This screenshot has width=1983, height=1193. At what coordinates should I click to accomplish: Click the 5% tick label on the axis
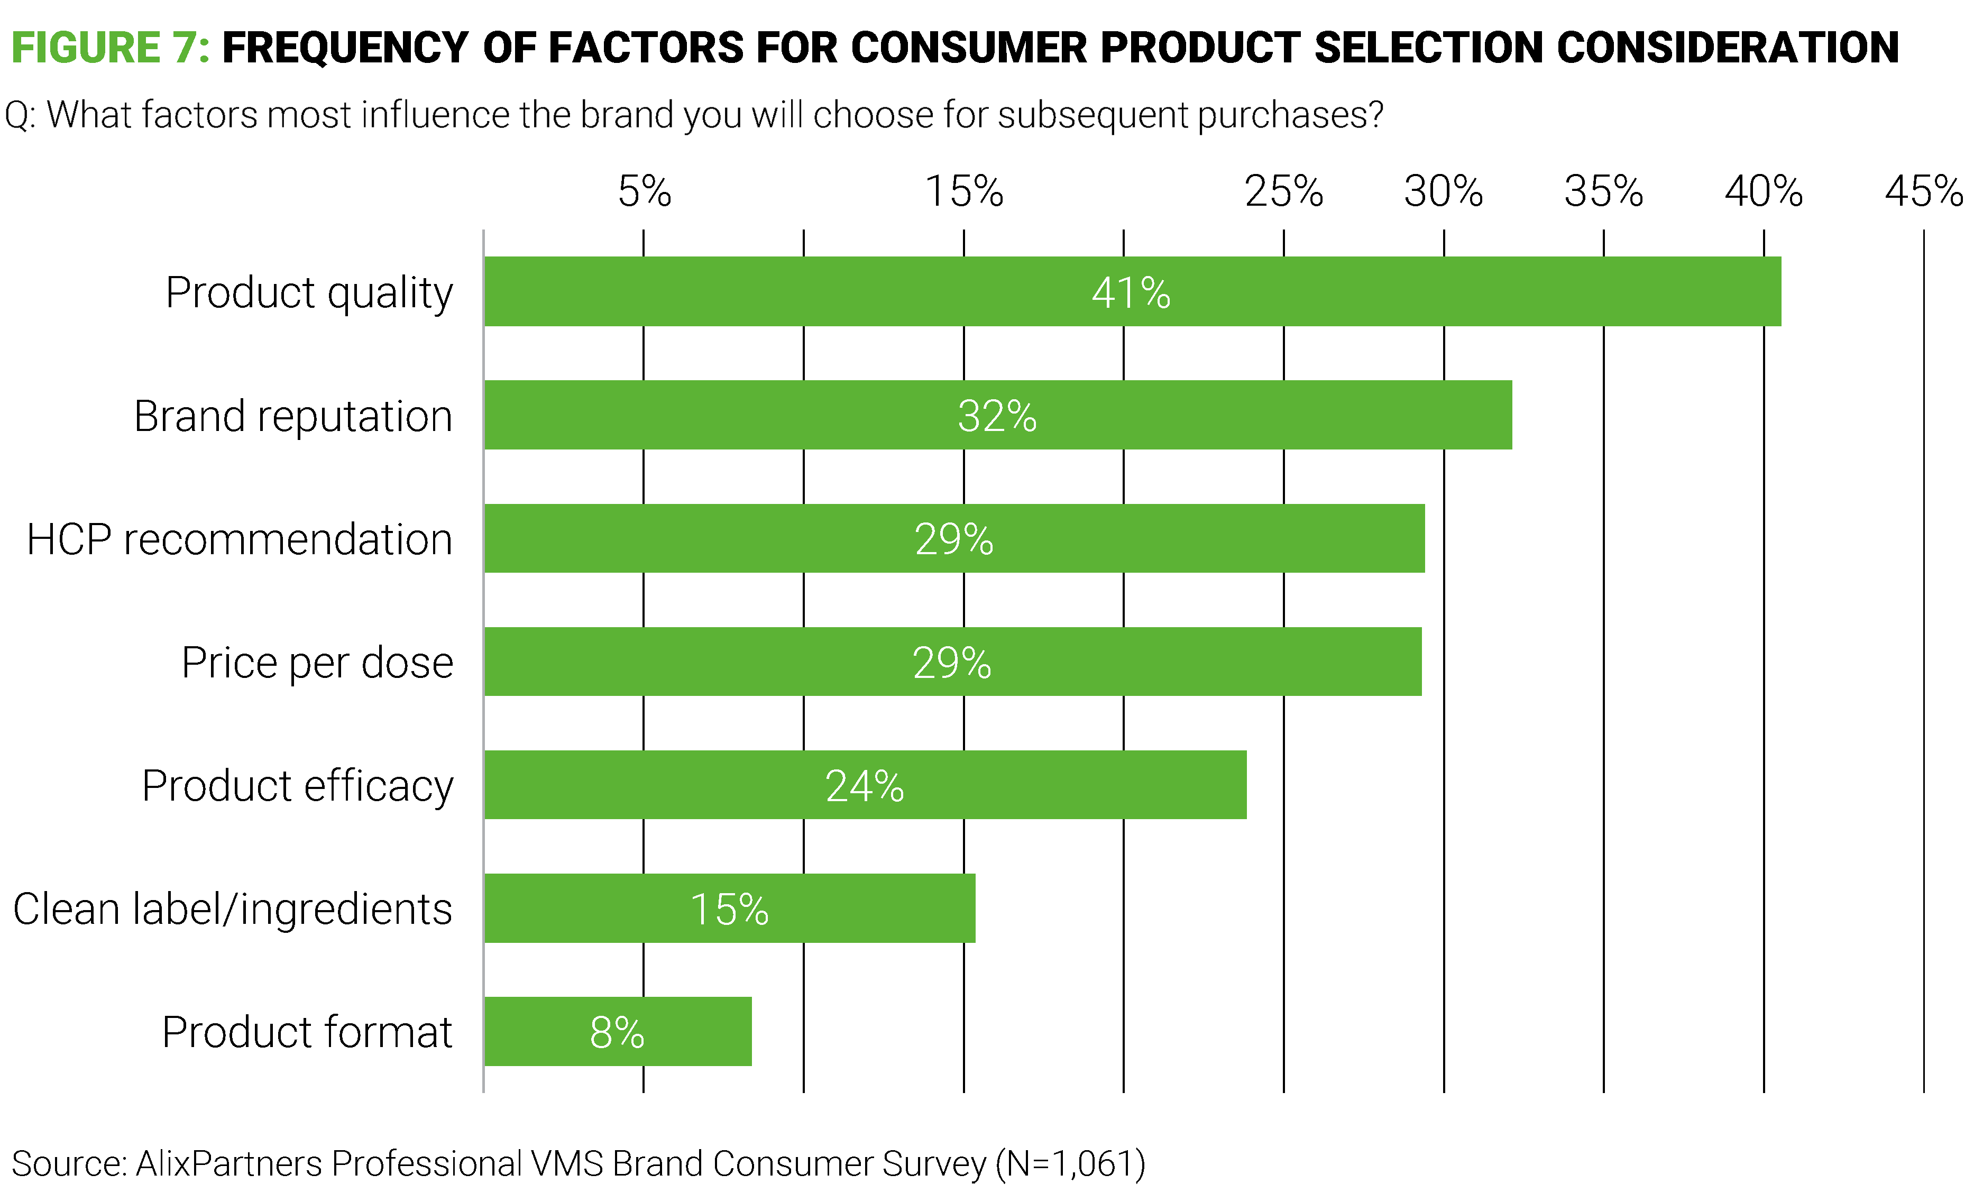pyautogui.click(x=644, y=191)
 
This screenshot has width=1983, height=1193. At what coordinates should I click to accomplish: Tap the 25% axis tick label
pyautogui.click(x=1284, y=191)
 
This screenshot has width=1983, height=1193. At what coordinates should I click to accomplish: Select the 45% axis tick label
pyautogui.click(x=1924, y=191)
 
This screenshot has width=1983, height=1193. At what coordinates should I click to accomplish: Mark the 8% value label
pyautogui.click(x=617, y=1033)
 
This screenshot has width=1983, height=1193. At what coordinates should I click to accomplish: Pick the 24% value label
pyautogui.click(x=864, y=786)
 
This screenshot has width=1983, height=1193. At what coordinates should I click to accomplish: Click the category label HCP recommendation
pyautogui.click(x=240, y=539)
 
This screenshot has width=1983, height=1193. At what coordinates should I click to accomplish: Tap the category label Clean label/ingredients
pyautogui.click(x=232, y=909)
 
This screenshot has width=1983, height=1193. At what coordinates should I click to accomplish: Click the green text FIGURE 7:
pyautogui.click(x=110, y=48)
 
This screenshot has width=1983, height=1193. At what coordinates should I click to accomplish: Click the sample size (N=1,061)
pyautogui.click(x=1070, y=1163)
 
